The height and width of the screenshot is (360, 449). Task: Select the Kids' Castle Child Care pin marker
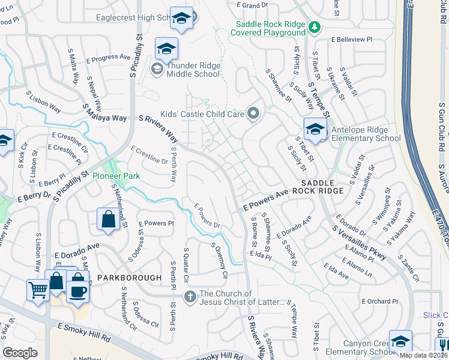tap(253, 113)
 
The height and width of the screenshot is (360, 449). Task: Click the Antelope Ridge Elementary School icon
tap(315, 128)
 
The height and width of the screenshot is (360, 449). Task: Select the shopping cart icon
tap(38, 290)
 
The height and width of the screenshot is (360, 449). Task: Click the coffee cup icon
tap(77, 291)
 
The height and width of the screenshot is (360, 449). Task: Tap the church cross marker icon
tap(190, 296)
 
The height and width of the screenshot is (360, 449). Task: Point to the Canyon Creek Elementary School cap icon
tap(400, 341)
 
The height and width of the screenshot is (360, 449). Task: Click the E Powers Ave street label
tap(266, 201)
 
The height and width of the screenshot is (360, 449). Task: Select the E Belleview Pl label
tap(352, 39)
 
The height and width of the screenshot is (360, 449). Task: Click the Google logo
tap(20, 352)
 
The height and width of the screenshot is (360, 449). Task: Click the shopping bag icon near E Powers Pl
tap(108, 220)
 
